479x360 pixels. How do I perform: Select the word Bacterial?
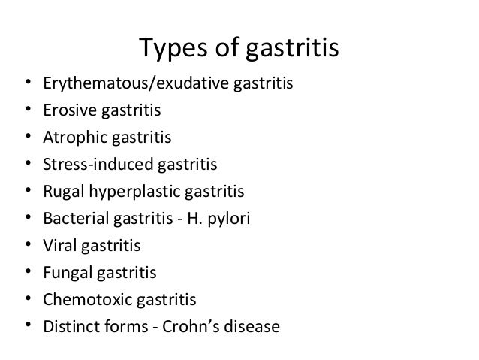click(74, 219)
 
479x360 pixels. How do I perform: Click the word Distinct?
click(71, 327)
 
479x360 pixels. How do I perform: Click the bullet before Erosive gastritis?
click(26, 111)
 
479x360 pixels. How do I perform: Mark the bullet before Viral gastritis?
click(26, 246)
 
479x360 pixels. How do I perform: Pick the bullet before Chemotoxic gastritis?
click(26, 300)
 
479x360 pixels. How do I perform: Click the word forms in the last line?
click(128, 327)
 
